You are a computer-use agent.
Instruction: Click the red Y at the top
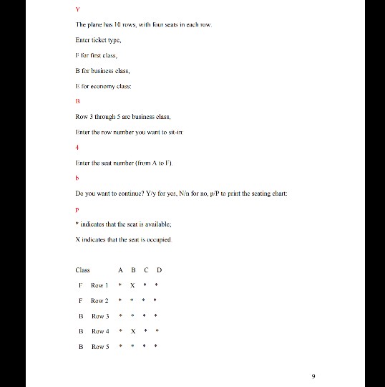(77, 9)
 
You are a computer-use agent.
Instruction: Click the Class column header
(82, 270)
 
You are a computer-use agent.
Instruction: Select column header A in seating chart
(121, 270)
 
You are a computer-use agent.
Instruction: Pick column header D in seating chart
(159, 270)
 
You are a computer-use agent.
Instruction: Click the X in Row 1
(133, 285)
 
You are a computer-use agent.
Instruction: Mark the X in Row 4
(133, 331)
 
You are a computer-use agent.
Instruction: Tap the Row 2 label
(99, 301)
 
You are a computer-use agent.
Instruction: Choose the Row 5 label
(99, 347)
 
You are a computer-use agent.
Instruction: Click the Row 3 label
(99, 316)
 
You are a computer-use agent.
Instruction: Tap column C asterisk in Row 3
(146, 316)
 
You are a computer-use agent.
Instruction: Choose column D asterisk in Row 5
(158, 347)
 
